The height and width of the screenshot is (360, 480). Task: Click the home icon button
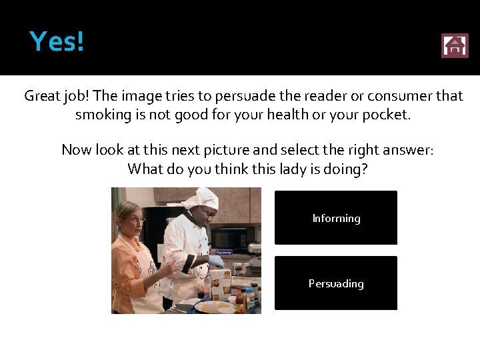point(455,46)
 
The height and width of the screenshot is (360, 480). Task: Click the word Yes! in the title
point(57,42)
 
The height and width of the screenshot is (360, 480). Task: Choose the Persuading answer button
point(336,283)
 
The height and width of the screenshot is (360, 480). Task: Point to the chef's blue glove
point(217,261)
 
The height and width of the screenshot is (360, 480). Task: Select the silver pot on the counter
point(241,268)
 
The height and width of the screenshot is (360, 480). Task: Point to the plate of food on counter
point(212,307)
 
